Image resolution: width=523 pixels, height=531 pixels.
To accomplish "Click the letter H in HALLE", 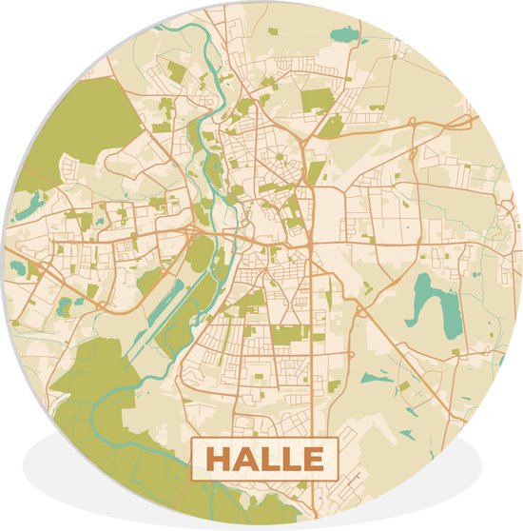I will coord(219,460).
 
